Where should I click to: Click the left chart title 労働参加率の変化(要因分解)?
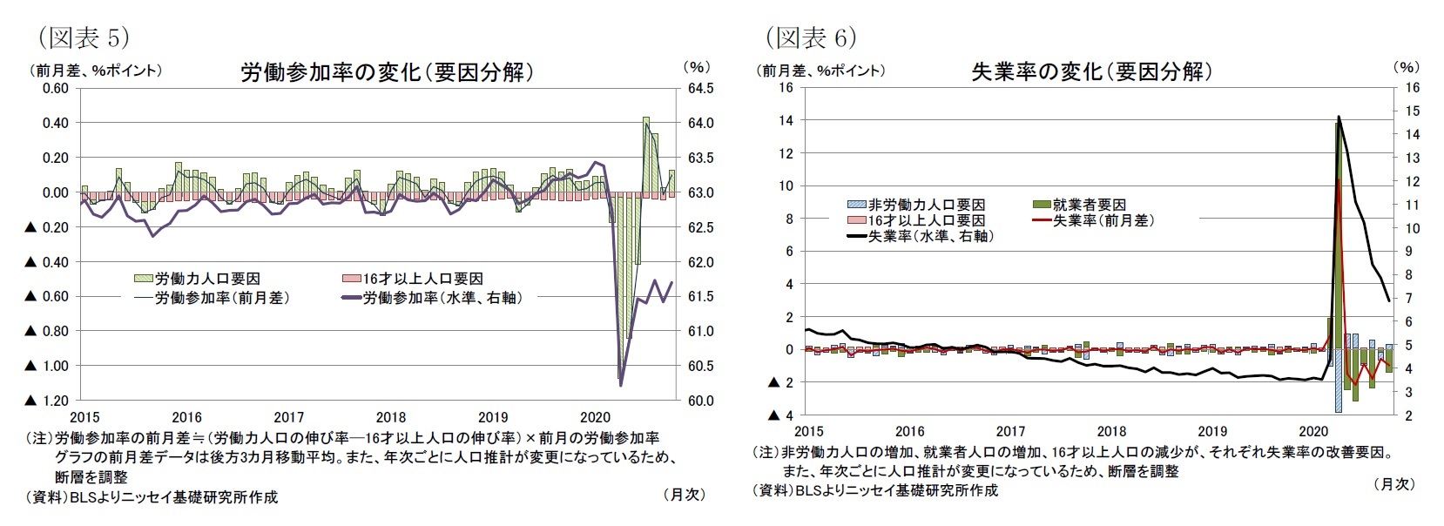(x=386, y=72)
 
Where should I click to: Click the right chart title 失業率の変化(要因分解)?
(x=1091, y=71)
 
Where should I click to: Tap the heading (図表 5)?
(x=83, y=37)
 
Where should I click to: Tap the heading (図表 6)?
(x=811, y=37)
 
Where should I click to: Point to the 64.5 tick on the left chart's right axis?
(x=701, y=88)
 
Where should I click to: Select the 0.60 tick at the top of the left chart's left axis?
(x=55, y=88)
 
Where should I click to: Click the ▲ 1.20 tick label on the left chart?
(x=47, y=401)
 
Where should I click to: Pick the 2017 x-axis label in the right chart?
(x=1010, y=431)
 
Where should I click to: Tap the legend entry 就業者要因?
(x=1089, y=205)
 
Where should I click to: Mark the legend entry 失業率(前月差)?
(x=1103, y=220)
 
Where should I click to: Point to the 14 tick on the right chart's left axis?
(x=786, y=120)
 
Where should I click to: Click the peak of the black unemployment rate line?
(x=1339, y=117)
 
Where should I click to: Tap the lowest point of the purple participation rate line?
(x=620, y=385)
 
